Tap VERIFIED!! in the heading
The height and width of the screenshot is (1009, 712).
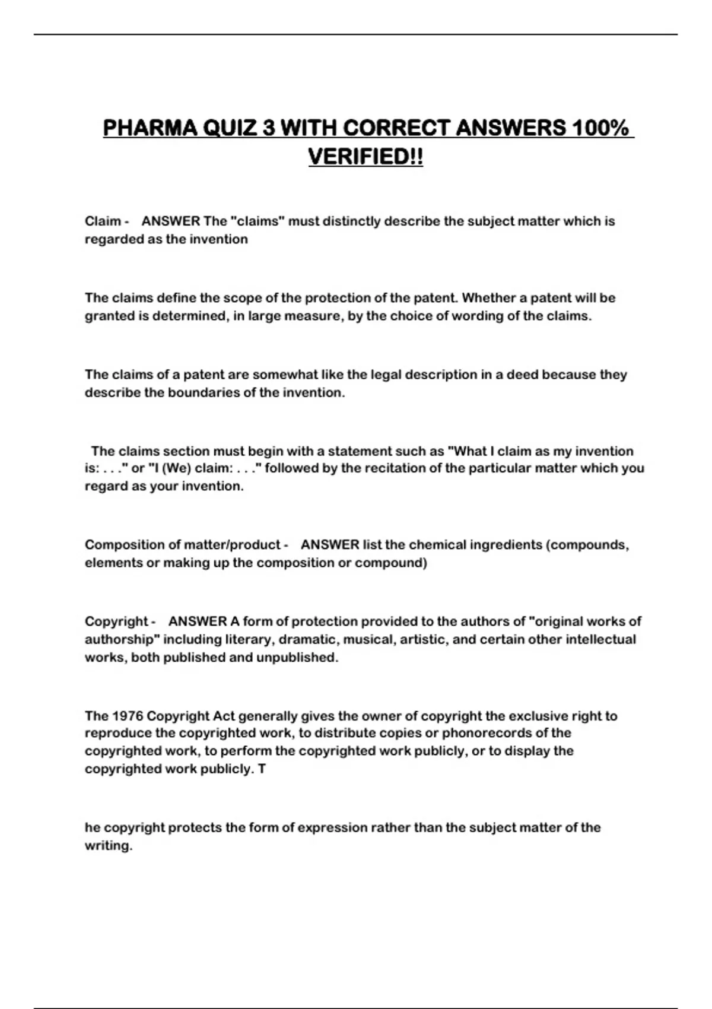[x=365, y=157]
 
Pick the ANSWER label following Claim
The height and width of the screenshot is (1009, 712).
[x=171, y=221]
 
